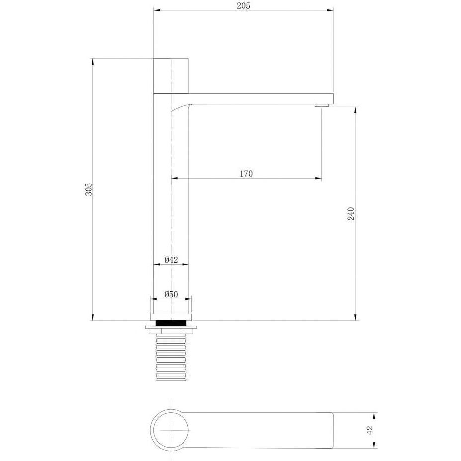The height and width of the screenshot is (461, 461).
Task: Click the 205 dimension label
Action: pos(243,5)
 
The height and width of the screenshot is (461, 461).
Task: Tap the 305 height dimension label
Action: pos(88,189)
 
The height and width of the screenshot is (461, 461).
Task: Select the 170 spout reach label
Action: pos(246,174)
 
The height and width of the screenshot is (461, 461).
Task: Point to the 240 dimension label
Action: pos(351,214)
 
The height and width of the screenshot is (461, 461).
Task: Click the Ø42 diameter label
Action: pos(171,260)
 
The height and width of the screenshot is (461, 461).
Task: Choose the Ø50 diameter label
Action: pos(171,294)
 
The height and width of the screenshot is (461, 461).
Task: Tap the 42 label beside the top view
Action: pos(370,430)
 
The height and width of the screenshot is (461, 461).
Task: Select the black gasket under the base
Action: pos(171,323)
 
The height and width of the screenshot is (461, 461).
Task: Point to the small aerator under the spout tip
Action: pos(321,105)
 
